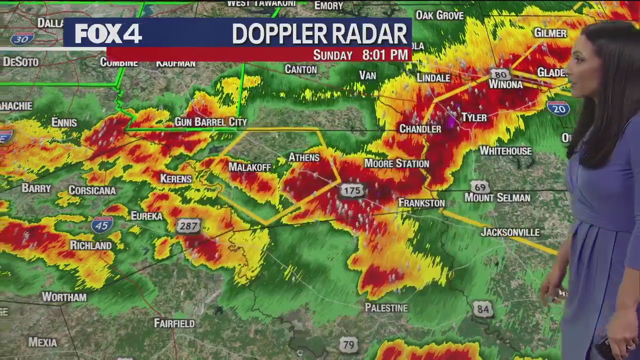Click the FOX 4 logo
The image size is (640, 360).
(x=108, y=33)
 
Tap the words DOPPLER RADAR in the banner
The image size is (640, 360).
(x=319, y=34)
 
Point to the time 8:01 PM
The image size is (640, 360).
(x=385, y=55)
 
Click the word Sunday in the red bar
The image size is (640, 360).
(x=332, y=55)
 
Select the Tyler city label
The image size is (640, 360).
(x=473, y=117)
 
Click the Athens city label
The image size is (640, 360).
(x=304, y=157)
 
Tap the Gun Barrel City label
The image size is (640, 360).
(x=210, y=122)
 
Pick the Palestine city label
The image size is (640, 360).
(x=386, y=308)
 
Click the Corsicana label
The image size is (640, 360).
(x=92, y=190)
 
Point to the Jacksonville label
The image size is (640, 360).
(x=510, y=232)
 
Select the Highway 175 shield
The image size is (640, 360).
(x=352, y=190)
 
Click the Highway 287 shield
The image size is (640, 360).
(x=188, y=226)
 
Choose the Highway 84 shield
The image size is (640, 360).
(x=482, y=309)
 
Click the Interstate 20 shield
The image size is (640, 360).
(x=558, y=108)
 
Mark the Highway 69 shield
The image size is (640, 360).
(x=480, y=187)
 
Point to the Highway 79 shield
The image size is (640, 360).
(x=348, y=344)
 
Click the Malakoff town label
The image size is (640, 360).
(x=249, y=167)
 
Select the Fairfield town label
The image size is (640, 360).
(x=174, y=323)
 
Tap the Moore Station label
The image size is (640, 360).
(x=396, y=163)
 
